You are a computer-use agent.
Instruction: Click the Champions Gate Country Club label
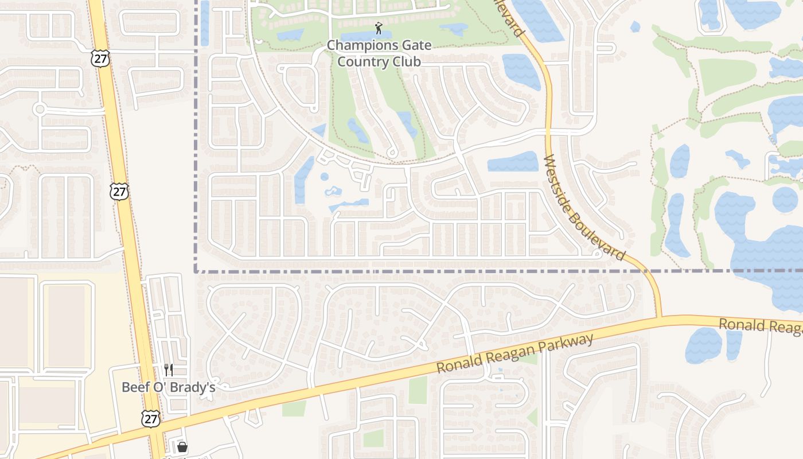379,53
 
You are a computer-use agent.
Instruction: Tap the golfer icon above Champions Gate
379,28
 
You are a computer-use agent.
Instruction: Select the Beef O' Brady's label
168,387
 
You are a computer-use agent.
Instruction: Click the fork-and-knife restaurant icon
169,370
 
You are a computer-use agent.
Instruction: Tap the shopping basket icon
182,447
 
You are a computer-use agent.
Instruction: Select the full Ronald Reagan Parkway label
514,353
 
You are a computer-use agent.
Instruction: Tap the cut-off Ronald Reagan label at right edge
761,325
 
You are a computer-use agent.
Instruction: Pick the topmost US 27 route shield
100,58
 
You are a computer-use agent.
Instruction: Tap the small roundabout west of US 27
40,108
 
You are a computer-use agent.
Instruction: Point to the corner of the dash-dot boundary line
196,271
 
